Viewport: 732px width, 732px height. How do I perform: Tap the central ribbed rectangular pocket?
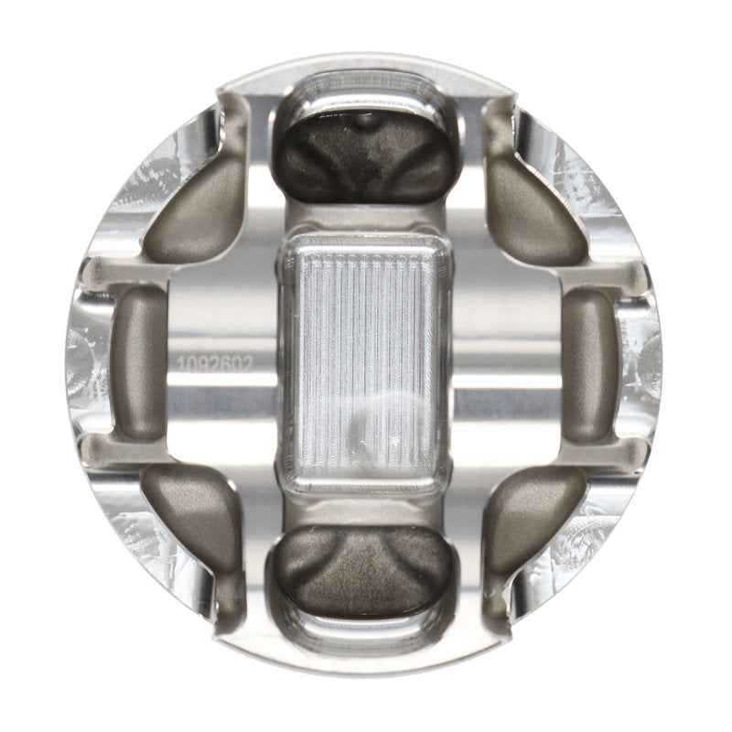click(366, 361)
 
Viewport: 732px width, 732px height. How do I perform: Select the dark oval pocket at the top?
click(366, 146)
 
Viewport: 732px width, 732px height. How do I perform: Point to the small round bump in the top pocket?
click(364, 119)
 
